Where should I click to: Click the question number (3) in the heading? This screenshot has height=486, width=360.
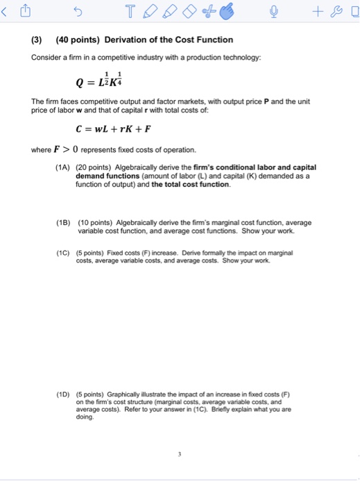click(38, 40)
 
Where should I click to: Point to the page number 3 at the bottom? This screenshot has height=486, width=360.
click(179, 455)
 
